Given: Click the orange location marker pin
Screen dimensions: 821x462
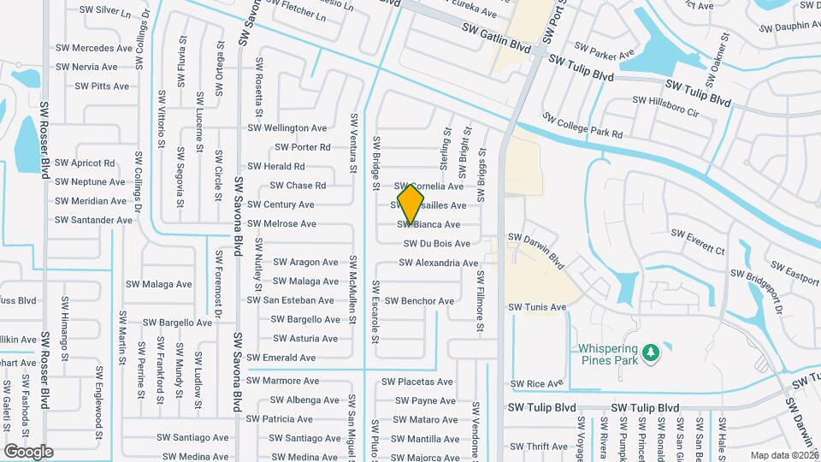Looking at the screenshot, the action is (x=410, y=203).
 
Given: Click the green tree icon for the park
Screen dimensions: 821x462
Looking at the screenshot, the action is (x=651, y=351).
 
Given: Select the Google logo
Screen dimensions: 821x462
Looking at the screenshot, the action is (x=28, y=451).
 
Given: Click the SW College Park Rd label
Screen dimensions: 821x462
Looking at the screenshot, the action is (x=582, y=127).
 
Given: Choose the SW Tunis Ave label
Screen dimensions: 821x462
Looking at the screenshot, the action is (x=537, y=307).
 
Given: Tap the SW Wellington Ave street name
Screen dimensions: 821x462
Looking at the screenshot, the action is (x=287, y=128).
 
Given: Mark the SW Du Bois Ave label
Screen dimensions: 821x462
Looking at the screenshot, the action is (x=437, y=244).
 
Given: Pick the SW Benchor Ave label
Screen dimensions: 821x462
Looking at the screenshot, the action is (x=419, y=301).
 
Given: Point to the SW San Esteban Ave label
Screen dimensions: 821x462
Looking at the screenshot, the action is (x=290, y=300).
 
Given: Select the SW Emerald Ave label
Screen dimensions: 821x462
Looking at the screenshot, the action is (x=281, y=358).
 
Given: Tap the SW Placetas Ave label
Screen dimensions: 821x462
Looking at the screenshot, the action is (x=417, y=382).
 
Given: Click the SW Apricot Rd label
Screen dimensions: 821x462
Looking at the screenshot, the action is (x=85, y=163).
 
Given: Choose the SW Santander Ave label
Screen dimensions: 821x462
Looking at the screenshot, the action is (x=93, y=220).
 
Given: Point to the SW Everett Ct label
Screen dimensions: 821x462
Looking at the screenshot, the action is (x=697, y=234).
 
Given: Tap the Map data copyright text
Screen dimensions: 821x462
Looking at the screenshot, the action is (x=785, y=455).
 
